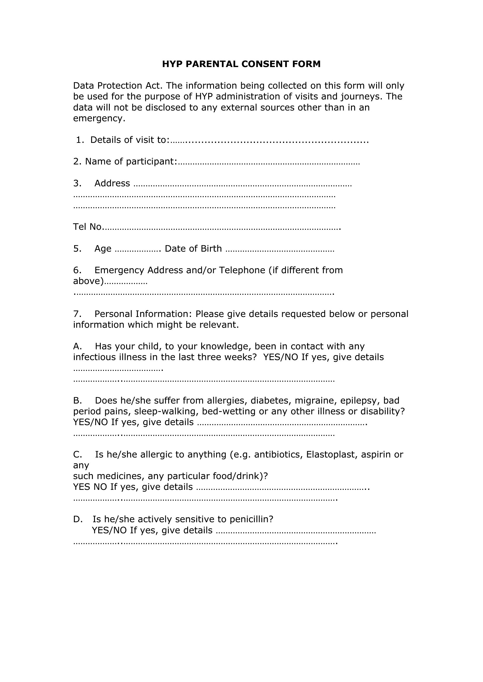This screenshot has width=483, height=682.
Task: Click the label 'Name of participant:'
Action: (125, 162)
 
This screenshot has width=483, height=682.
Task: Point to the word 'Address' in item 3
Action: (112, 183)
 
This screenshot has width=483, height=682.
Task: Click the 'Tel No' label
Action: (87, 227)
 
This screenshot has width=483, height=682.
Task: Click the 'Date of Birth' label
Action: (193, 249)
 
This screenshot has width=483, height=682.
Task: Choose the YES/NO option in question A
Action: (280, 357)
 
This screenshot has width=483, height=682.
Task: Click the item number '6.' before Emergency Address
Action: (77, 270)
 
